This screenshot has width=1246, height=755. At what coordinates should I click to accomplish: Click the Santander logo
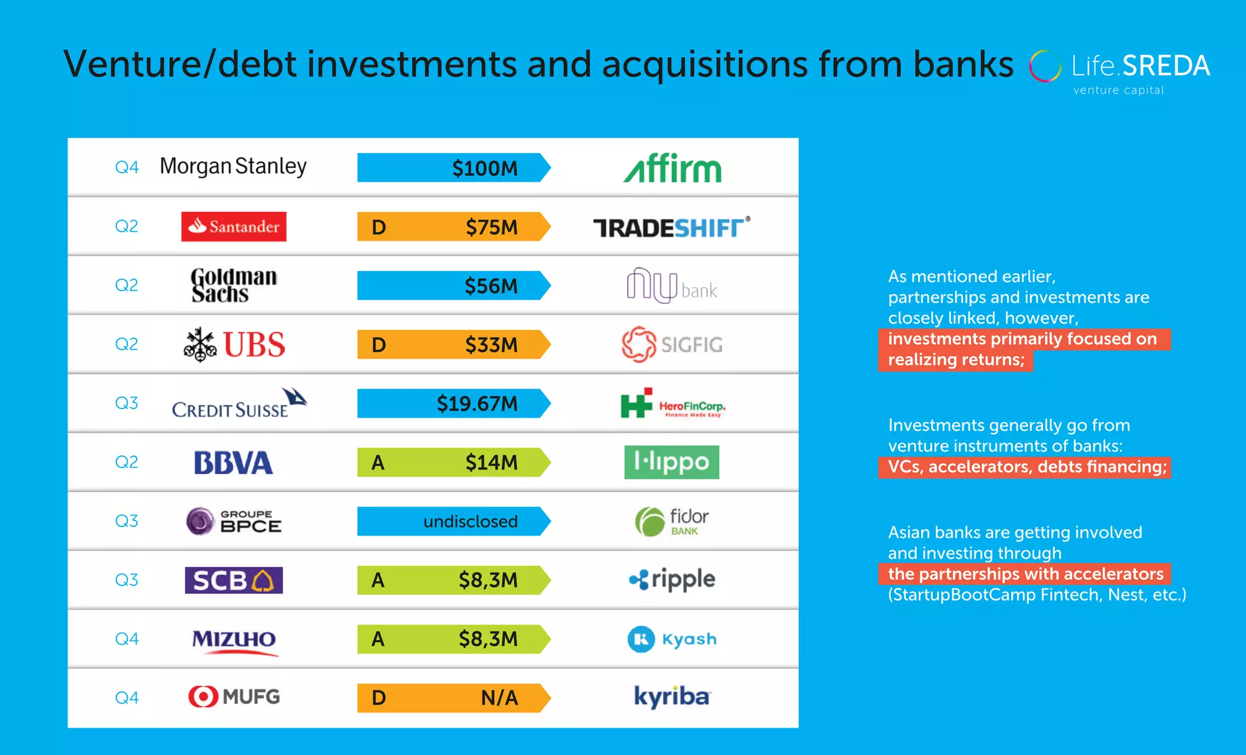coord(234,227)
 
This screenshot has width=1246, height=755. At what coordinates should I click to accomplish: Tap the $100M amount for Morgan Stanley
coord(485,168)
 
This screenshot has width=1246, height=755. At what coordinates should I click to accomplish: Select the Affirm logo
coord(672,168)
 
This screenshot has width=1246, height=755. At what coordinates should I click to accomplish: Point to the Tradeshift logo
coord(671,228)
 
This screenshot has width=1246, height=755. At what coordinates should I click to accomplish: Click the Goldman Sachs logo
coord(234,285)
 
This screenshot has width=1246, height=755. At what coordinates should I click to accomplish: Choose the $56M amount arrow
coord(453,286)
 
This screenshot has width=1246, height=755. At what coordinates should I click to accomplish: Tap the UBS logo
coord(234,345)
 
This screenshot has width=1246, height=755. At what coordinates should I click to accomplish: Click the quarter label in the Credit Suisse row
coord(127,403)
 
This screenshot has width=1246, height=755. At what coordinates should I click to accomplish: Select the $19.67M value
coord(477,404)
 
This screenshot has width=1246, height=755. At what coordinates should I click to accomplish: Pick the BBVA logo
coord(234,463)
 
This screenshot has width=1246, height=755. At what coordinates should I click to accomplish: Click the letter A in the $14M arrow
coord(378,463)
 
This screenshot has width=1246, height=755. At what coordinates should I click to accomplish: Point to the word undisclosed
coord(470,522)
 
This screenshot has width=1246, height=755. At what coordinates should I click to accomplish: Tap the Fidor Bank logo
coord(672,522)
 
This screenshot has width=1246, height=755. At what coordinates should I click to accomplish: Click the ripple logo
coord(672,580)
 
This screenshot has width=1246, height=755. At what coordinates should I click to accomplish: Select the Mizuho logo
coord(234,640)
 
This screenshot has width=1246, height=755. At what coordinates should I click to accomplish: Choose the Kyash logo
coord(672,640)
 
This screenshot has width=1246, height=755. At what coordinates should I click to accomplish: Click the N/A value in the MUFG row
coord(499,698)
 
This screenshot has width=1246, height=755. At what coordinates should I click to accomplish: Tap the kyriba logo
coord(672,697)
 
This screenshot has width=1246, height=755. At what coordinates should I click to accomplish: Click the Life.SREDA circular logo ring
coord(1045,66)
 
